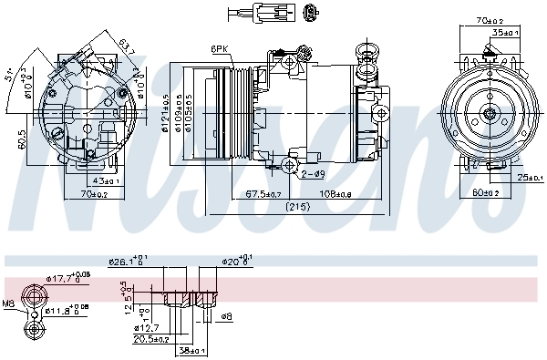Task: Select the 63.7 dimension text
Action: pos(127,46)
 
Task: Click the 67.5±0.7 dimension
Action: pos(263,194)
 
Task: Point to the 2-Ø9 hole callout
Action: pos(314,173)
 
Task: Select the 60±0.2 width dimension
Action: pos(485,192)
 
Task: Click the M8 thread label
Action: pos(9,303)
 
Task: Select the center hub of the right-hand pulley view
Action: pos(490,114)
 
